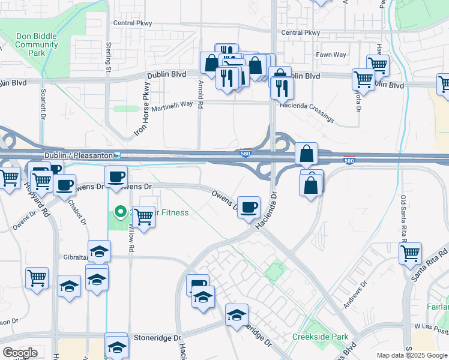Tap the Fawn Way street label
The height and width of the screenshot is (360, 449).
331,55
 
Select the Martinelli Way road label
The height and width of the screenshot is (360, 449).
169,104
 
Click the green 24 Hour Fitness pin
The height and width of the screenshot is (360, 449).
120,211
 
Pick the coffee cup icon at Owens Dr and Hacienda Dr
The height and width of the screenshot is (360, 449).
249,207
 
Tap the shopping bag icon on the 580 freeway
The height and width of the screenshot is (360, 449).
307,154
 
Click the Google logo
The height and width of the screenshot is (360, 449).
19,353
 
